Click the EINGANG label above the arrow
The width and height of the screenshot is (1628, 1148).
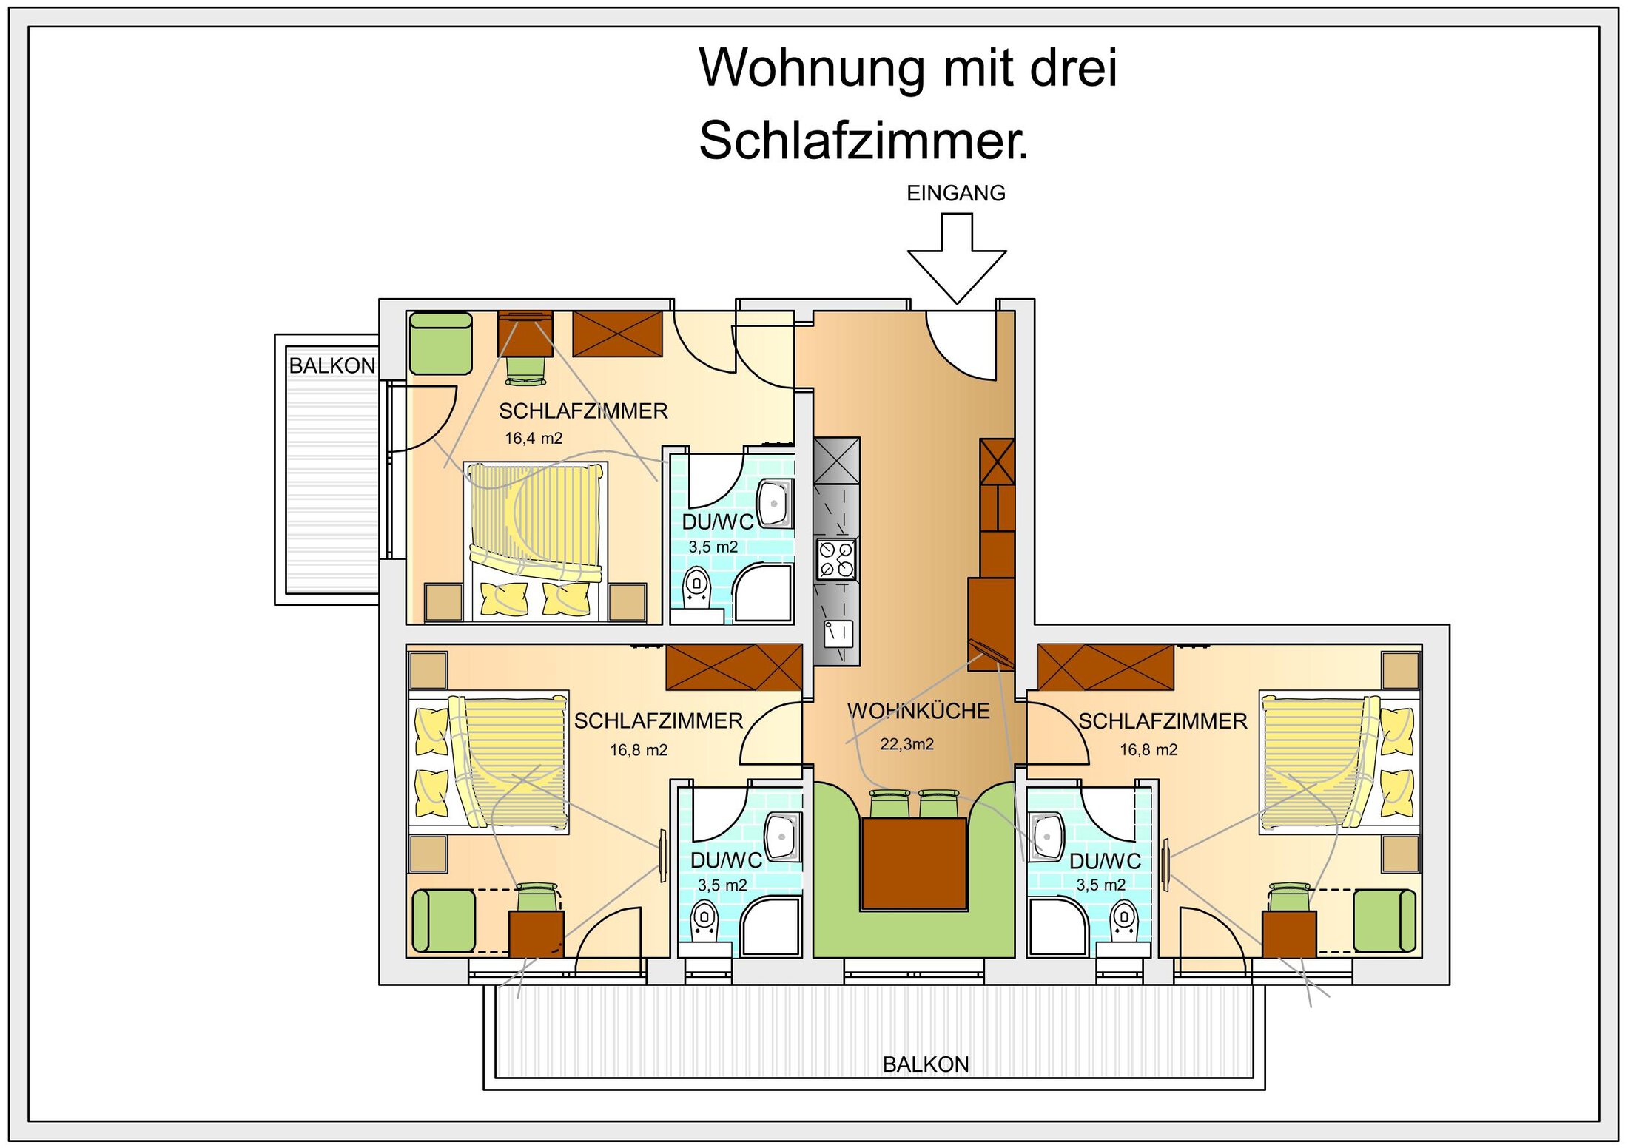[x=955, y=193]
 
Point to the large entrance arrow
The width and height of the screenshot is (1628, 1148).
[x=957, y=258]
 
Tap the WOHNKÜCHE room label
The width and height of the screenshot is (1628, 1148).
[x=918, y=711]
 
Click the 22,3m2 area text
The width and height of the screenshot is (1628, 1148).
[x=906, y=744]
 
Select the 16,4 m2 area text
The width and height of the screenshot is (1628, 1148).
[x=534, y=438]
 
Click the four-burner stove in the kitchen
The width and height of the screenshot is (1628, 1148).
[x=836, y=559]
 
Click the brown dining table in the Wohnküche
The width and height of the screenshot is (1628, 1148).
[x=914, y=863]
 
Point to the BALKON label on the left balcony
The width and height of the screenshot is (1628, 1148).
[x=332, y=365]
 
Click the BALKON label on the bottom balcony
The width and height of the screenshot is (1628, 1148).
[x=926, y=1064]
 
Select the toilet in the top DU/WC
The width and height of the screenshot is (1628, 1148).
[x=696, y=588]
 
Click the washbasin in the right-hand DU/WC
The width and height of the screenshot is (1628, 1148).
[x=1046, y=837]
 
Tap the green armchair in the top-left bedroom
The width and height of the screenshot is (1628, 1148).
[x=441, y=343]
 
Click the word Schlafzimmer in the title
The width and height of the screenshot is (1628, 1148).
[x=863, y=140]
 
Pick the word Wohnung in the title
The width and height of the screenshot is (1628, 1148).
[x=812, y=68]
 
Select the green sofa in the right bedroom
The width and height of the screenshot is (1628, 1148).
[x=1385, y=920]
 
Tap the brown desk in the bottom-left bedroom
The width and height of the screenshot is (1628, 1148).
[x=536, y=934]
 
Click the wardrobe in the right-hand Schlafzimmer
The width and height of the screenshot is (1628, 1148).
[x=1106, y=667]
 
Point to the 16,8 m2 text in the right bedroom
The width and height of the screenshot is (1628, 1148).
[x=1148, y=749]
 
